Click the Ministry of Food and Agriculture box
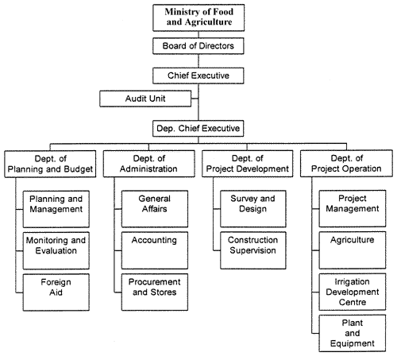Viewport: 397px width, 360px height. [203, 18]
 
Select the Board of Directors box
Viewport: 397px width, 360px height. [203, 46]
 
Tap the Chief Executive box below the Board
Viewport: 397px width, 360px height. [203, 75]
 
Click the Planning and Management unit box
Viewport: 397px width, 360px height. [54, 205]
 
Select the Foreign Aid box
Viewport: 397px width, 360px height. [54, 288]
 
